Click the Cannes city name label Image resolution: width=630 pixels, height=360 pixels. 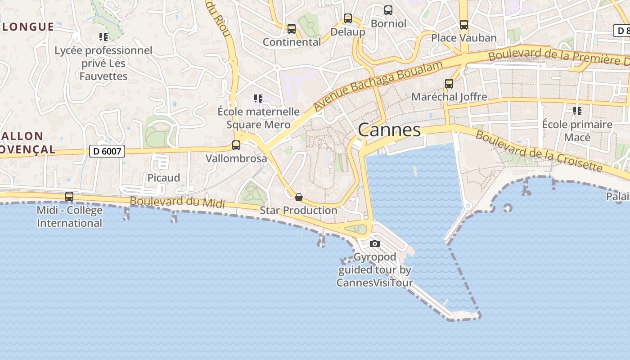(x=389, y=130)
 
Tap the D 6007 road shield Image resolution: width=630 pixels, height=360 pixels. (x=107, y=151)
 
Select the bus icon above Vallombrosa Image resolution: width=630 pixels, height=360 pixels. (x=236, y=145)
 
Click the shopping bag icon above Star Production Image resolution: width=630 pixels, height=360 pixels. (x=298, y=197)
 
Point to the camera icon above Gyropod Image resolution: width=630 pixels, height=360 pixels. (x=374, y=244)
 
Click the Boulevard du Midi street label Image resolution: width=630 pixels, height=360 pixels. (x=177, y=202)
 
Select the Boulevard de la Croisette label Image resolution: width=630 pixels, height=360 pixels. (x=539, y=151)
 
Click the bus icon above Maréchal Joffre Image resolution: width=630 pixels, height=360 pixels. (x=449, y=84)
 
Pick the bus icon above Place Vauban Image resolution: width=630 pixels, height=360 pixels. (x=464, y=25)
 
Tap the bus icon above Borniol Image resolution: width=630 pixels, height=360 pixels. (x=388, y=10)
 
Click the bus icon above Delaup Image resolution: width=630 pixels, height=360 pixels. (x=348, y=18)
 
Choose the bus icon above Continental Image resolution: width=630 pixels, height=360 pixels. (x=292, y=29)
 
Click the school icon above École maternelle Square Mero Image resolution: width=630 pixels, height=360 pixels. (x=258, y=98)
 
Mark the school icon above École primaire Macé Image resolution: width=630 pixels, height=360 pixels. (x=577, y=111)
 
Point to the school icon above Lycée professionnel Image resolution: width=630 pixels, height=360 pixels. (x=103, y=37)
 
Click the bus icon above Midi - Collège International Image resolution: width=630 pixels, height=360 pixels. (x=69, y=197)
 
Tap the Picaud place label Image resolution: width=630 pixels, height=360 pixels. (x=164, y=178)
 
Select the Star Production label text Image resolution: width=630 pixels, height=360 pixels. (x=298, y=210)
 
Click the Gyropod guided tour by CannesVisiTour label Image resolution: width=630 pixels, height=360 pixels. (x=374, y=270)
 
